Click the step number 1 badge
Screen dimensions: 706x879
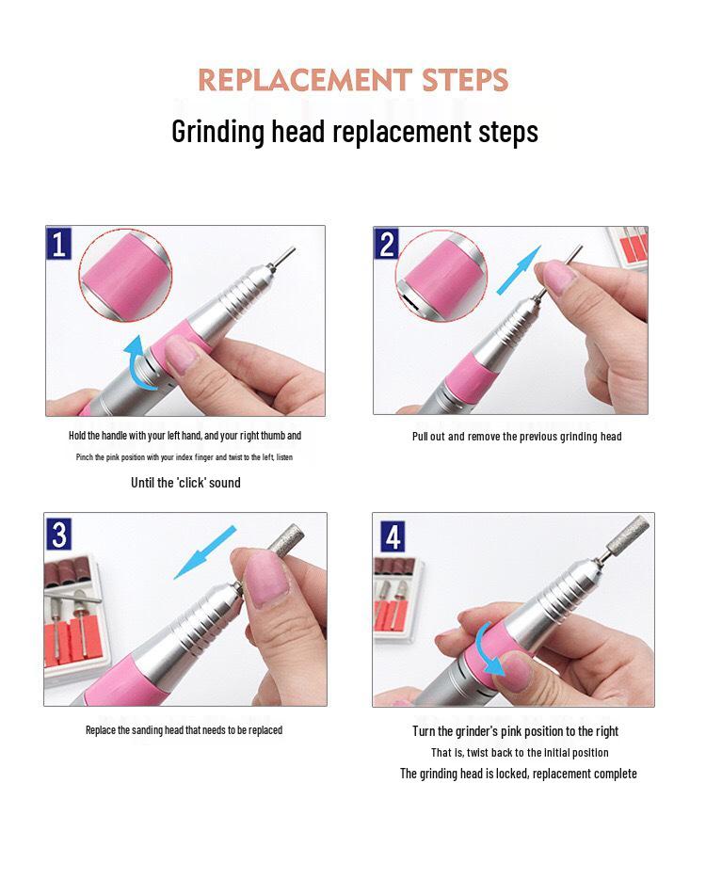(x=59, y=243)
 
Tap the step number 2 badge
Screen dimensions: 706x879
(x=386, y=244)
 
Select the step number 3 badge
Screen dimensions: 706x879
(x=59, y=535)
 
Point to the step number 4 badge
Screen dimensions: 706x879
(x=393, y=536)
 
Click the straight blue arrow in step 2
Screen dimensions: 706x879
(x=518, y=270)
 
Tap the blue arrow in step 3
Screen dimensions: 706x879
(x=204, y=552)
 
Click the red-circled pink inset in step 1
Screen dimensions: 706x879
(x=125, y=275)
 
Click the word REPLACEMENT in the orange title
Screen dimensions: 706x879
(x=305, y=80)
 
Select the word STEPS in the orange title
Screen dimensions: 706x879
(x=465, y=80)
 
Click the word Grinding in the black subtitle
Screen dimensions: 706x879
(x=217, y=133)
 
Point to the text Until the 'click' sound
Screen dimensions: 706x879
(x=185, y=483)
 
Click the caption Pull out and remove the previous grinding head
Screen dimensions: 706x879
(x=517, y=437)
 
